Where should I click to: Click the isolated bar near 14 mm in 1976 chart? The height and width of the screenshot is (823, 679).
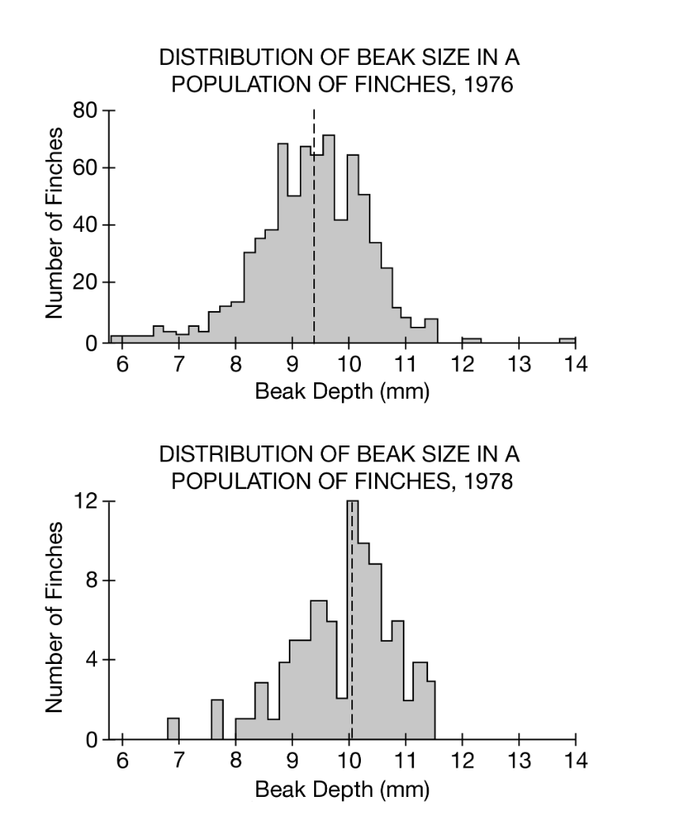pos(567,340)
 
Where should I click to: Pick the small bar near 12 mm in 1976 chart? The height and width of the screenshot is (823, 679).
pos(471,340)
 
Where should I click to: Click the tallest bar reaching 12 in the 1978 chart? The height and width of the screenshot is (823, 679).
pos(353,617)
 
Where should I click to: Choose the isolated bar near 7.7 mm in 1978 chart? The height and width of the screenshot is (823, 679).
pos(217,719)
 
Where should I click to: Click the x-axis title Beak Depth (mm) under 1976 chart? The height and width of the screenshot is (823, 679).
pos(341,393)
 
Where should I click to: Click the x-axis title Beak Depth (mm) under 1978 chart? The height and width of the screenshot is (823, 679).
pos(341,790)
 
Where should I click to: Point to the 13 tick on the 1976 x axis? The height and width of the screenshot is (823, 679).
pos(518,366)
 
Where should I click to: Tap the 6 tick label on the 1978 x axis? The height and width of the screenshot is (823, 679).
pos(122,763)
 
